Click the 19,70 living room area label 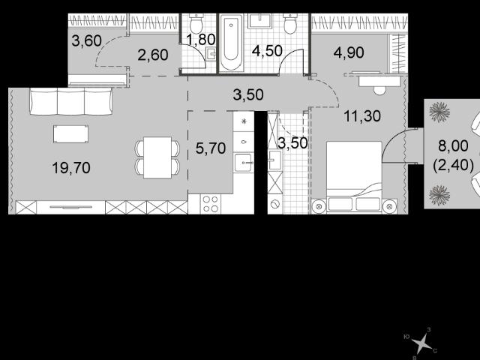71,168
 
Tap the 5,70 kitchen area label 211,148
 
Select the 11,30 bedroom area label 362,116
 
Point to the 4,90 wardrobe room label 349,52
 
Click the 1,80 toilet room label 201,40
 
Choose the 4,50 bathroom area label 267,51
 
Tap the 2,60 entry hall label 153,55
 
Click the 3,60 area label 87,40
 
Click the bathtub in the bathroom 231,42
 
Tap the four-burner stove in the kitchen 210,204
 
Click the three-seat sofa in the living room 71,101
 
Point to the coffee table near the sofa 70,134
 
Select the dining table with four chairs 157,157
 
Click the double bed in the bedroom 354,177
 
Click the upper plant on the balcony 439,112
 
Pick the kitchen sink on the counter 243,163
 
